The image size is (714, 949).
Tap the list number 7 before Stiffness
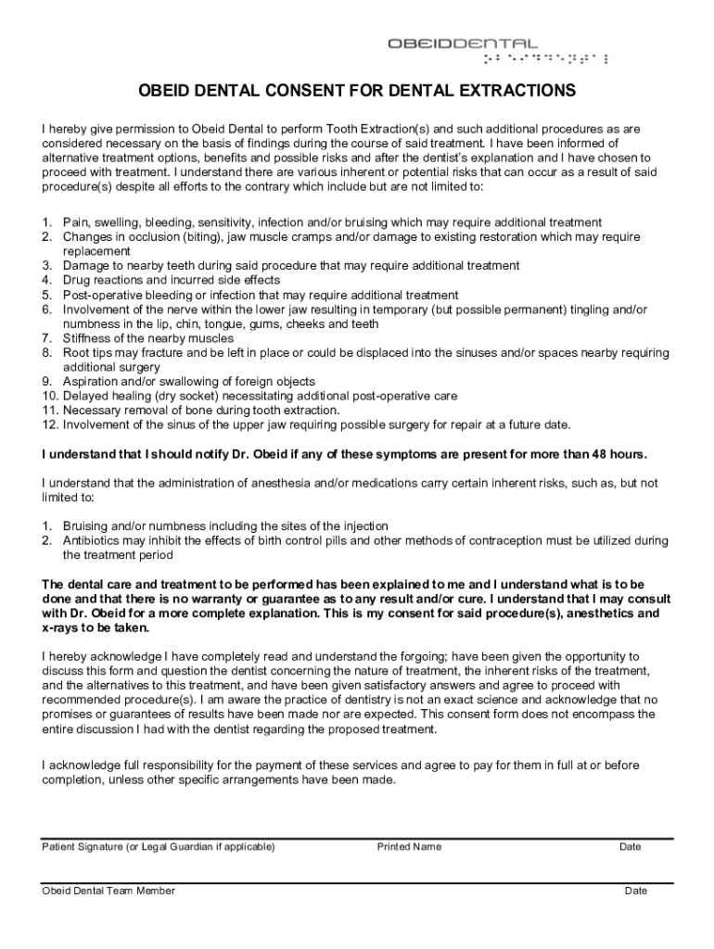pos(45,338)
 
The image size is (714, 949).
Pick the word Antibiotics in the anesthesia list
pos(92,540)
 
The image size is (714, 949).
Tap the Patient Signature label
pos(84,846)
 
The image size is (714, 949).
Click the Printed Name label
pos(409,846)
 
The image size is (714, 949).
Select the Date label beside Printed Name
pos(631,846)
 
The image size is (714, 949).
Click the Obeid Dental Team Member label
pos(108,891)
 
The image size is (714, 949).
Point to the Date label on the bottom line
pos(636,891)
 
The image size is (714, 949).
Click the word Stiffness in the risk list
pos(86,338)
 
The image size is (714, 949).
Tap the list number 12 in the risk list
pos(49,424)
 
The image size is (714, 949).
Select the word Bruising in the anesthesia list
pos(85,526)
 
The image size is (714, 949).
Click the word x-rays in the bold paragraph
pos(60,627)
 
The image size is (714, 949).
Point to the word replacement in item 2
pos(96,251)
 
